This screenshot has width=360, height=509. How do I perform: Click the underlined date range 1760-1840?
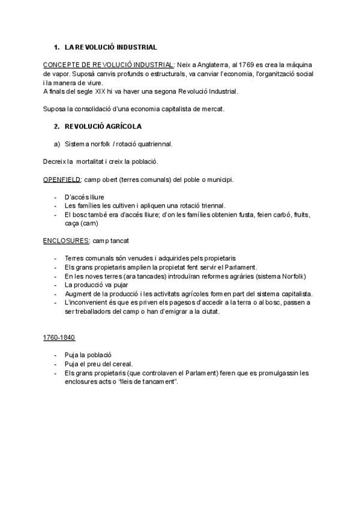pos(59,338)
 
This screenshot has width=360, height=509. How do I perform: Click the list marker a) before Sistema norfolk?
pos(56,144)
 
